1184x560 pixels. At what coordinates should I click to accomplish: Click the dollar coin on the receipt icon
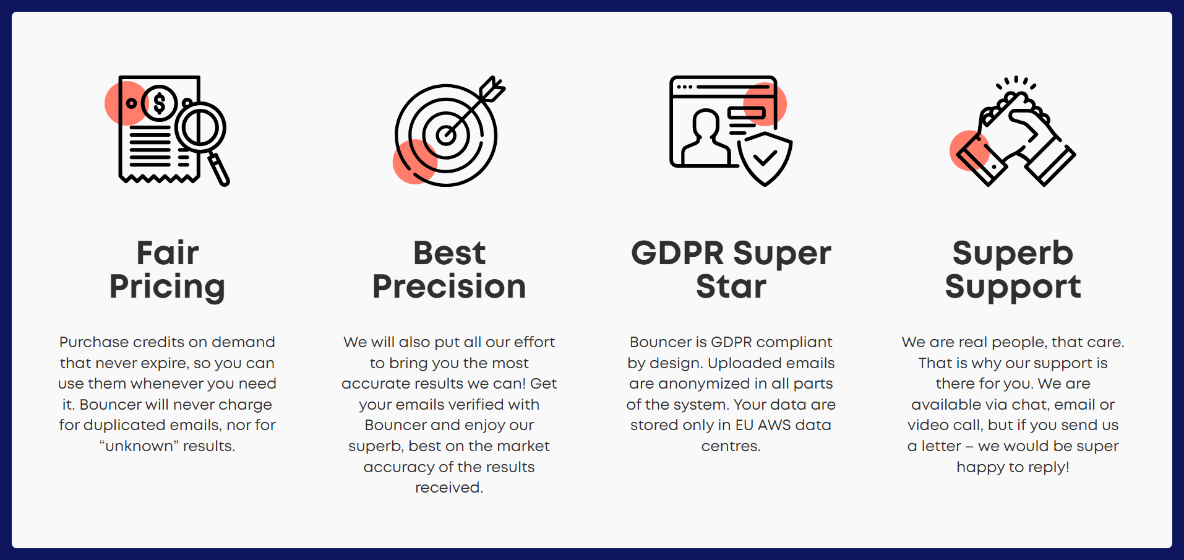click(160, 103)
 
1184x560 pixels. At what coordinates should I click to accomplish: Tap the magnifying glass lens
click(200, 129)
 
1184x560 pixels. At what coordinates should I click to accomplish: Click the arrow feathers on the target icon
click(493, 89)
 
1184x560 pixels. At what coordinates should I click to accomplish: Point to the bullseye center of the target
click(446, 135)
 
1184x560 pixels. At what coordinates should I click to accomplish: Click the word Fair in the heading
click(168, 252)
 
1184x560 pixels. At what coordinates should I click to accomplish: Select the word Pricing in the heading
click(167, 287)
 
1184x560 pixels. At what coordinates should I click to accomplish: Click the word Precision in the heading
click(449, 286)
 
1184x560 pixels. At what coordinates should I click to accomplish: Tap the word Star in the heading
click(731, 286)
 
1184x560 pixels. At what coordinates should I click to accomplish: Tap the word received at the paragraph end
click(449, 488)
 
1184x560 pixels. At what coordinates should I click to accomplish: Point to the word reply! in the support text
click(1049, 468)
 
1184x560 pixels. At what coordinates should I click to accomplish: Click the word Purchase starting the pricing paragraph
click(94, 342)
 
